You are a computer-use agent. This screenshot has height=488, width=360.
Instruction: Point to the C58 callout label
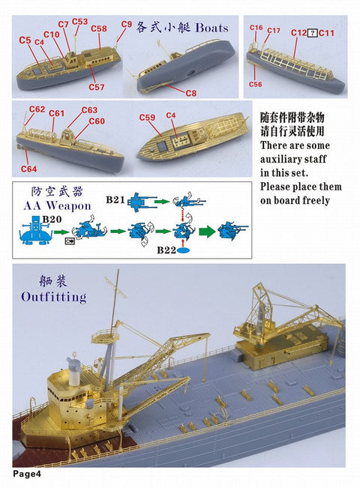(x=99, y=29)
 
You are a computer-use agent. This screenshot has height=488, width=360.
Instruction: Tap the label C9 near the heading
(x=126, y=24)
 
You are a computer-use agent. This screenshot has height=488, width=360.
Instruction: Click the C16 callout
(x=256, y=28)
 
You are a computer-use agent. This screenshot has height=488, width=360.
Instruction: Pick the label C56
(x=256, y=85)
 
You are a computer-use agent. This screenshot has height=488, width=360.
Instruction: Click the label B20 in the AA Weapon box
(x=52, y=218)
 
